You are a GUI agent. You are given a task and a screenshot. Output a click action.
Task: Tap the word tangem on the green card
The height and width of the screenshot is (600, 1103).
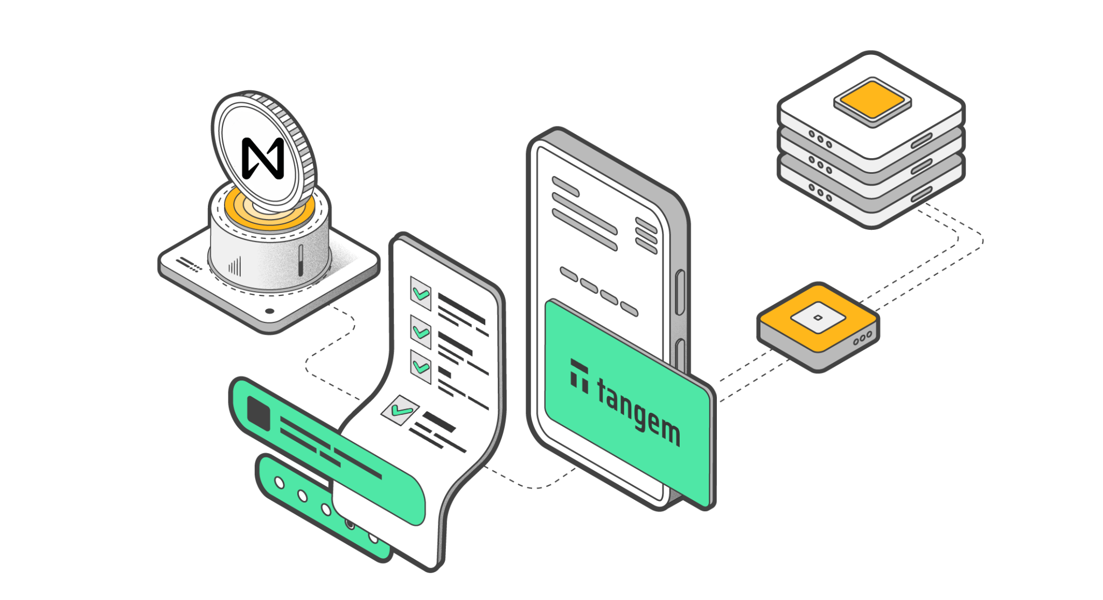[638, 411]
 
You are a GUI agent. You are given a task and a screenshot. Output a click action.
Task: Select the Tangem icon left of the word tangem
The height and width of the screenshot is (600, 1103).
[579, 376]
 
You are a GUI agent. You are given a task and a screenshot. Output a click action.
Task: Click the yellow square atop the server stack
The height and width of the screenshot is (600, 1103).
[872, 101]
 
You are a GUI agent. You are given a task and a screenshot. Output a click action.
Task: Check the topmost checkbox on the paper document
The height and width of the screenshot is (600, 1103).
[420, 293]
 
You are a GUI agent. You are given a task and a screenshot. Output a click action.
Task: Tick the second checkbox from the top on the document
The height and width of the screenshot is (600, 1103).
[421, 331]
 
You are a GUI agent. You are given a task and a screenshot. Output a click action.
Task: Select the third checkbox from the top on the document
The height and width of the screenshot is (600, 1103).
[421, 366]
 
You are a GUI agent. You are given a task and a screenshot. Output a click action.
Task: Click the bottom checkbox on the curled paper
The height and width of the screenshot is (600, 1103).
[401, 410]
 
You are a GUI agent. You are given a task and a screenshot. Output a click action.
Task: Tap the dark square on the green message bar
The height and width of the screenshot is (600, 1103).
[259, 413]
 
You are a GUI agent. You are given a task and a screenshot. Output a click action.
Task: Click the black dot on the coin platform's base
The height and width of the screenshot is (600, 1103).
[270, 311]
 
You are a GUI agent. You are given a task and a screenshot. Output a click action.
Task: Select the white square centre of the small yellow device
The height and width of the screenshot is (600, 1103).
[818, 317]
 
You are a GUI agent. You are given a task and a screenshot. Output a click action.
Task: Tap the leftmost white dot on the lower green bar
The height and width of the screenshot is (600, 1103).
[279, 483]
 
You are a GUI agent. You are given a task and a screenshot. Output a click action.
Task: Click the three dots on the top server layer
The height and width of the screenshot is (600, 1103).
[820, 139]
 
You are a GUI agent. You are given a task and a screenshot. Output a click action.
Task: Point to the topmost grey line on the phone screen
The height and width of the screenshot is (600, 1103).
[565, 186]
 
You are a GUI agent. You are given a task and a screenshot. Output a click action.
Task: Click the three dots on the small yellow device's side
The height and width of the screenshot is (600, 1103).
[862, 338]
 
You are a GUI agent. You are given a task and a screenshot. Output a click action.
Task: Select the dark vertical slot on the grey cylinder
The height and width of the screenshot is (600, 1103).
[301, 260]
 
